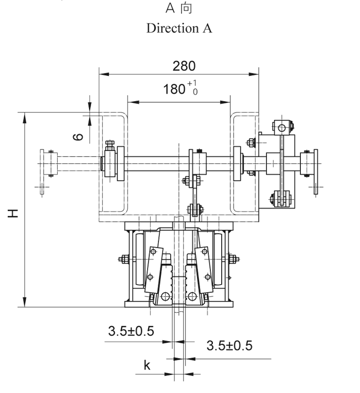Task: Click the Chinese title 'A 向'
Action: click(x=179, y=9)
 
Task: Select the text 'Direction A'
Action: click(x=179, y=28)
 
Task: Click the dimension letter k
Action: click(x=147, y=366)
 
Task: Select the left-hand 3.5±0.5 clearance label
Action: click(x=131, y=331)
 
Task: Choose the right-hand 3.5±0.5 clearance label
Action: click(x=229, y=345)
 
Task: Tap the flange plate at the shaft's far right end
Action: click(x=314, y=165)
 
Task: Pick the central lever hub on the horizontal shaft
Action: click(x=197, y=163)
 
